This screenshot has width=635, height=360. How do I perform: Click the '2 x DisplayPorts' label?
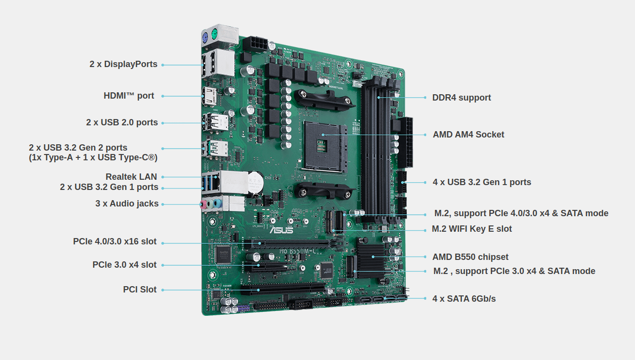pos(123,64)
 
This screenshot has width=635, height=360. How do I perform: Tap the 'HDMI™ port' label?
pos(129,96)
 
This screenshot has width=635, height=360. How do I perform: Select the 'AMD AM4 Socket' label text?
pos(468,135)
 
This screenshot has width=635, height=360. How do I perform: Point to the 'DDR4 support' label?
pos(462,98)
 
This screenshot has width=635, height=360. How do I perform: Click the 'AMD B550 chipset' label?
pos(470,257)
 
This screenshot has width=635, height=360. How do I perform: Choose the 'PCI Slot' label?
pos(140,290)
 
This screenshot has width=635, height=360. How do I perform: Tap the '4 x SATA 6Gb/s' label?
pos(464,299)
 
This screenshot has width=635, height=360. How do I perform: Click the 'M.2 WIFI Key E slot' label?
pos(472,229)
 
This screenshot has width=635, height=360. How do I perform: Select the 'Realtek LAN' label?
pos(131,177)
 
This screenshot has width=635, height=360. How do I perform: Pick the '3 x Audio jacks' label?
pos(127,204)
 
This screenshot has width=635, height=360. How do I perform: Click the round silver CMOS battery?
pos(256,182)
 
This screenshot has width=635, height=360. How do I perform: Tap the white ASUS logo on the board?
pos(281,230)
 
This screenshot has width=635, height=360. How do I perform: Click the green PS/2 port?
pos(214,34)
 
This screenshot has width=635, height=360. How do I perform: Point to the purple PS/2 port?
pos(205,38)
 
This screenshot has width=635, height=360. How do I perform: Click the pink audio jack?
pos(203,205)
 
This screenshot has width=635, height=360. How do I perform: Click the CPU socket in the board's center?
pos(325,146)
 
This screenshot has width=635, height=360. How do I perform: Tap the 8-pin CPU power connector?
pos(255,44)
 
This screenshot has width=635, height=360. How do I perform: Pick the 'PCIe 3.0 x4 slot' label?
pos(124,265)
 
